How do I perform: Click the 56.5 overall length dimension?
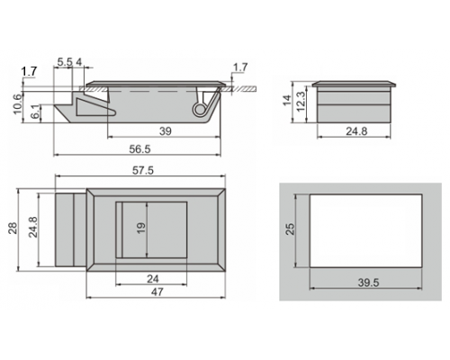[139, 149]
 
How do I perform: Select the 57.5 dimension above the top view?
[143, 170]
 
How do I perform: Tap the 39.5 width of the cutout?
[368, 283]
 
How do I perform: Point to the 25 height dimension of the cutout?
[291, 229]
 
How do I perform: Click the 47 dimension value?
[157, 292]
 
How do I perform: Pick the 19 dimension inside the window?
[141, 228]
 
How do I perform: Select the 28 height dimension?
[13, 228]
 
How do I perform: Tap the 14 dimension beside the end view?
[287, 100]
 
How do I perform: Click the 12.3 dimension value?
[301, 102]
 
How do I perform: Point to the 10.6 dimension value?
[17, 103]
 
